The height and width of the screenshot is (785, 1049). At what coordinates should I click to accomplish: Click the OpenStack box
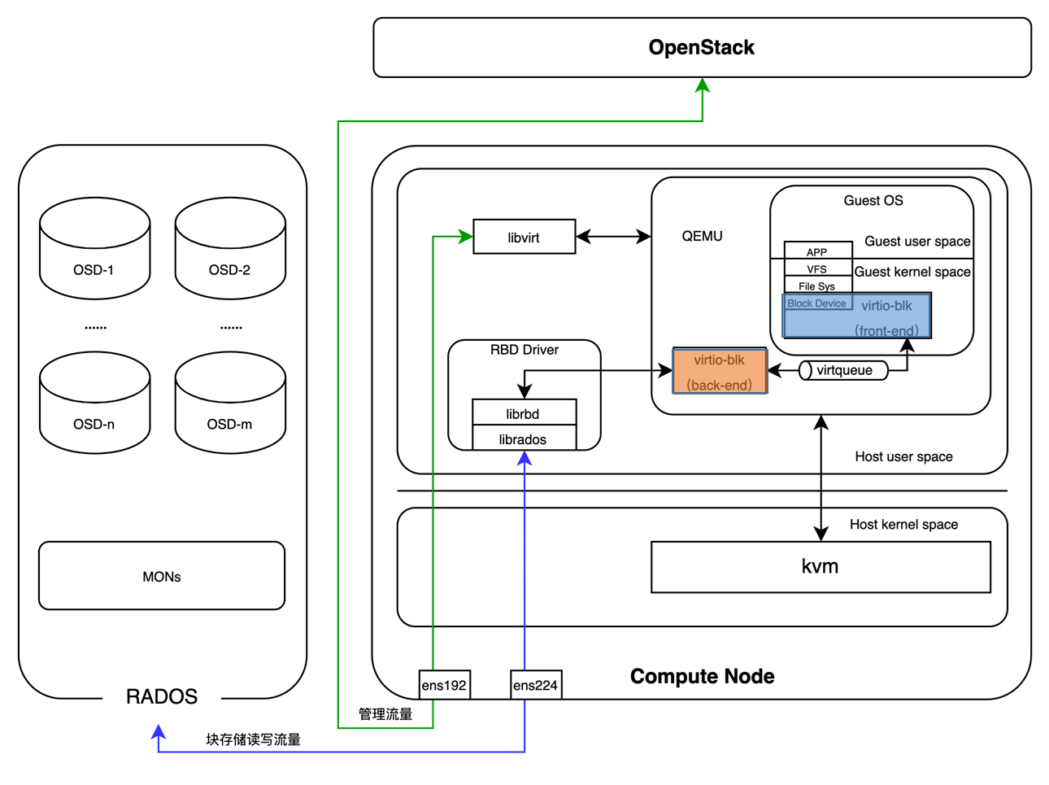tap(702, 47)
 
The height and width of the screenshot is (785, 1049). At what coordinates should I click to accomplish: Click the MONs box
tap(162, 576)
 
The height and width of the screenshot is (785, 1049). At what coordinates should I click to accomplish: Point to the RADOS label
tap(162, 697)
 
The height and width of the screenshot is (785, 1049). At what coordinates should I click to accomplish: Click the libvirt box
tap(524, 237)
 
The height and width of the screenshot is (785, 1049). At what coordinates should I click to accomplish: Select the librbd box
tap(524, 412)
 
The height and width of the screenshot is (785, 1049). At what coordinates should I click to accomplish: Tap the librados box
tap(524, 438)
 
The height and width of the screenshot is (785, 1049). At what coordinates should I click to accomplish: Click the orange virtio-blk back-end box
tap(720, 371)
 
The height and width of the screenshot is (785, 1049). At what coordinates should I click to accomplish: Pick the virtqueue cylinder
tap(843, 371)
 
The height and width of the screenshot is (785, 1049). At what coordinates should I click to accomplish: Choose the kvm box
tap(820, 567)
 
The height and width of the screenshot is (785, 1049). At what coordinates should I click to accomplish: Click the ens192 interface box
tap(444, 685)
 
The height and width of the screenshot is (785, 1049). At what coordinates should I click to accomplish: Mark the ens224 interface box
tap(535, 685)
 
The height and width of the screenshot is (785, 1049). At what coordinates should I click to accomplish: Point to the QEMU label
tap(702, 236)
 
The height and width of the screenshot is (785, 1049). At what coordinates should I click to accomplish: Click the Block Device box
tap(816, 303)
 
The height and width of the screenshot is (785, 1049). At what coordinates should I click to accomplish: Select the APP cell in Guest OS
tap(817, 251)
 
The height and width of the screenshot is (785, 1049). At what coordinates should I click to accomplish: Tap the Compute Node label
tap(702, 676)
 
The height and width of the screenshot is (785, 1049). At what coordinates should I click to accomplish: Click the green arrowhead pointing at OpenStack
tap(703, 85)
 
